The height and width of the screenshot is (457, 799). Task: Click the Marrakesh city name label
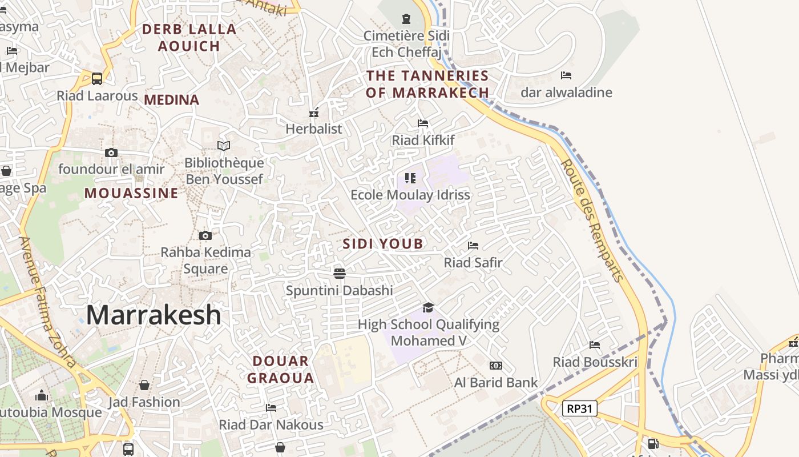click(154, 315)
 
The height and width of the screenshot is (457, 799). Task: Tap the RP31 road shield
click(579, 408)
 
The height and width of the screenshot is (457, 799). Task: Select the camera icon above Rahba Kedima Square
click(205, 235)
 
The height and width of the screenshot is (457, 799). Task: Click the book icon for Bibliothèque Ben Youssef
click(224, 146)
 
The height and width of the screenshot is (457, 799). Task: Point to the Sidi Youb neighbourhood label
click(383, 244)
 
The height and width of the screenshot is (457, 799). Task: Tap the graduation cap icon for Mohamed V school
click(428, 308)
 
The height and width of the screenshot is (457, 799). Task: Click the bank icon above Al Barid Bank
click(496, 366)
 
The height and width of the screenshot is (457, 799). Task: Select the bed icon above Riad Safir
click(473, 246)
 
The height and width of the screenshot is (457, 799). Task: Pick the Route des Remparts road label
click(591, 220)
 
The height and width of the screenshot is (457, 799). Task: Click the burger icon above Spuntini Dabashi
click(340, 273)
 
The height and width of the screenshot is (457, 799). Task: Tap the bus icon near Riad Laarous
click(97, 78)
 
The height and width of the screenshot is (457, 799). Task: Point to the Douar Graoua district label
click(280, 369)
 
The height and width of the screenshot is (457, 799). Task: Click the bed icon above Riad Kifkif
click(423, 123)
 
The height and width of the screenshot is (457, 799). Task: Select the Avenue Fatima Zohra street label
click(48, 303)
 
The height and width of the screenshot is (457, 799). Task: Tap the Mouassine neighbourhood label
click(131, 193)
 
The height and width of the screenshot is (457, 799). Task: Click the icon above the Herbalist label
click(313, 113)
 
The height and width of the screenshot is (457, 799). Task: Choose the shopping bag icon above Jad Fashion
click(144, 385)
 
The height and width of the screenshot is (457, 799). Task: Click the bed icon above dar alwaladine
click(566, 75)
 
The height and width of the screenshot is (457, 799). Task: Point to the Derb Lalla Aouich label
click(189, 37)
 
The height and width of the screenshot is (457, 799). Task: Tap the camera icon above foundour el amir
click(111, 153)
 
